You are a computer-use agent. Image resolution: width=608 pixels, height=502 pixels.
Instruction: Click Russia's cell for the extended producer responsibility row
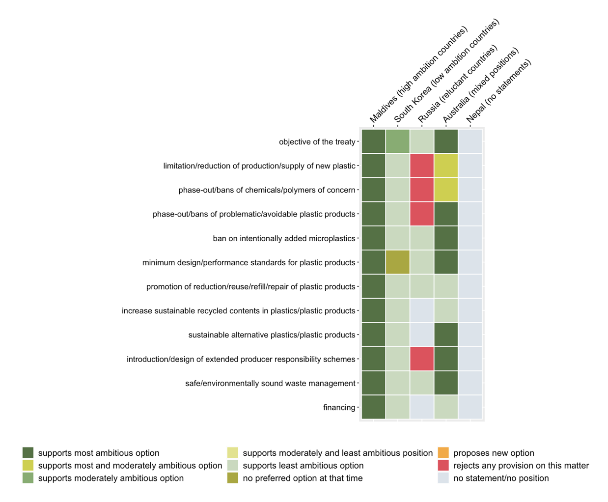point(422,359)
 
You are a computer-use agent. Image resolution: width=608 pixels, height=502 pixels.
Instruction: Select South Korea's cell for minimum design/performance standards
point(398,262)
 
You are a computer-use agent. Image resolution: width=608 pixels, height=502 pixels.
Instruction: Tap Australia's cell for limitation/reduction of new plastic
point(446,166)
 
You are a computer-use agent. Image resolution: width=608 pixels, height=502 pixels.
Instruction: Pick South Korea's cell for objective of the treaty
point(398,141)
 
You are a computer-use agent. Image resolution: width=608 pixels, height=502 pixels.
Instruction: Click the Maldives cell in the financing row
point(374,407)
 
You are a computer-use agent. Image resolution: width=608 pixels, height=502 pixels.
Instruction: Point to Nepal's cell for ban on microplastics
point(470,238)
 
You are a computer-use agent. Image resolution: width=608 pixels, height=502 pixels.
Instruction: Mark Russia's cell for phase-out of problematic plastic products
point(422,214)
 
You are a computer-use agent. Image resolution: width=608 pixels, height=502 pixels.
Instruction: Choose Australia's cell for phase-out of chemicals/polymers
point(446,190)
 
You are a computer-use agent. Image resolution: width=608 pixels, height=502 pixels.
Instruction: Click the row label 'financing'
point(339,407)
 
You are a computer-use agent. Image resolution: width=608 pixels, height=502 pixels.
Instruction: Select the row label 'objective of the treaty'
point(317,142)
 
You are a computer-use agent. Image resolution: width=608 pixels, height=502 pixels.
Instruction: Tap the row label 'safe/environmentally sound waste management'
point(270,383)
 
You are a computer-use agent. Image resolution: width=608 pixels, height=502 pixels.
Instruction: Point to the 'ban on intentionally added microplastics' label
point(284,238)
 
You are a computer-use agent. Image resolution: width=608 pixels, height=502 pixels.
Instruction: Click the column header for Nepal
point(498,91)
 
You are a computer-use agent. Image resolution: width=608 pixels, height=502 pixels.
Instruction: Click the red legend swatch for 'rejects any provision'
point(443,466)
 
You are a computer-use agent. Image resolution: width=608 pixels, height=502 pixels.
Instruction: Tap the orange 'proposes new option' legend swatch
point(443,453)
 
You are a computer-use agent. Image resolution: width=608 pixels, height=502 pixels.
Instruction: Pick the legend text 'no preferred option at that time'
point(303,478)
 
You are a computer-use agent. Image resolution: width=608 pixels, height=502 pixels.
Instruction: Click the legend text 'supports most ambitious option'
point(99,453)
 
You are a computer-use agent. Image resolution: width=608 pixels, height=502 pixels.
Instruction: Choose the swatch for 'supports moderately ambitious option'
point(28,478)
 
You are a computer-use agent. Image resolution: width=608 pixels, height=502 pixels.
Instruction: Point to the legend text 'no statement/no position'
point(501,478)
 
